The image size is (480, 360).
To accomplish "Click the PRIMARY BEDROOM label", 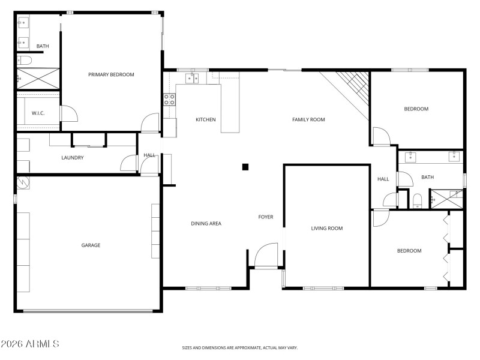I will (111, 74).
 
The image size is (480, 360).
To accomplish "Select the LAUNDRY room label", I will (72, 158).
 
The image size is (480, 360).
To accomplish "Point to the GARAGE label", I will (91, 245).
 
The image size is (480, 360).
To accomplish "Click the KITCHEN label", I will (205, 119).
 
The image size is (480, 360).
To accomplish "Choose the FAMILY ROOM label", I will (308, 119).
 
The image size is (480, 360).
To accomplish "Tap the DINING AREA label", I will (206, 223).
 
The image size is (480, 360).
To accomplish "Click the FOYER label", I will (266, 217).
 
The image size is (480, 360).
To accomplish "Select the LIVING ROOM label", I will (326, 228).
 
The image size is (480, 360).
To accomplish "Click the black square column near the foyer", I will (245, 167).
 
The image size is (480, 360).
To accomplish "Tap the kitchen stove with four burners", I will (169, 100).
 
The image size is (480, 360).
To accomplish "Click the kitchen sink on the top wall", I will (193, 78).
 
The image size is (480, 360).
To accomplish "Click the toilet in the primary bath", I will (23, 60).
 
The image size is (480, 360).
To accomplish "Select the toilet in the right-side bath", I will (418, 200).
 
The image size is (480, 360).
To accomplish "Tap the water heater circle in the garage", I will (22, 182).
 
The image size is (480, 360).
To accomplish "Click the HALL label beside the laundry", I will (149, 155).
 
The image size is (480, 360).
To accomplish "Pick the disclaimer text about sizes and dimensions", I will (240, 347).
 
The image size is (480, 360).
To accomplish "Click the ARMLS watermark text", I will (30, 344).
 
